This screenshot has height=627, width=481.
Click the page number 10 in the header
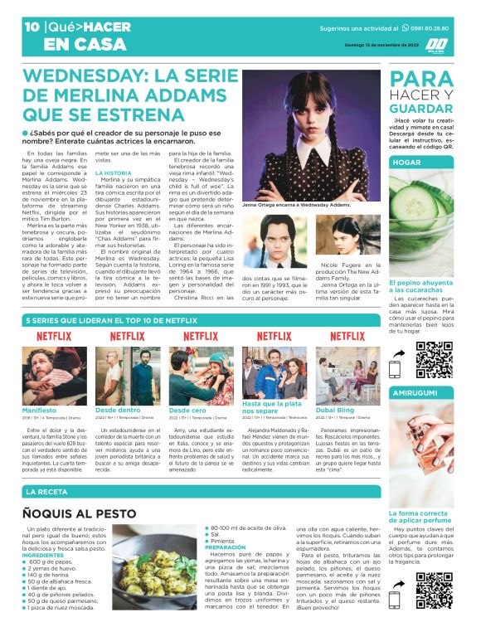coord(32,27)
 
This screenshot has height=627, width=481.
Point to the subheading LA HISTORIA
coord(113,173)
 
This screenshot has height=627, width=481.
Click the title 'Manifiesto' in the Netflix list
coord(40,410)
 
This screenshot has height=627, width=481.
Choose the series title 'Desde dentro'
coord(118,410)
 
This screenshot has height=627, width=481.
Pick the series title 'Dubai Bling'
coord(337,410)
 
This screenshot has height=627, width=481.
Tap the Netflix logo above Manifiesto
coord(53,336)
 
